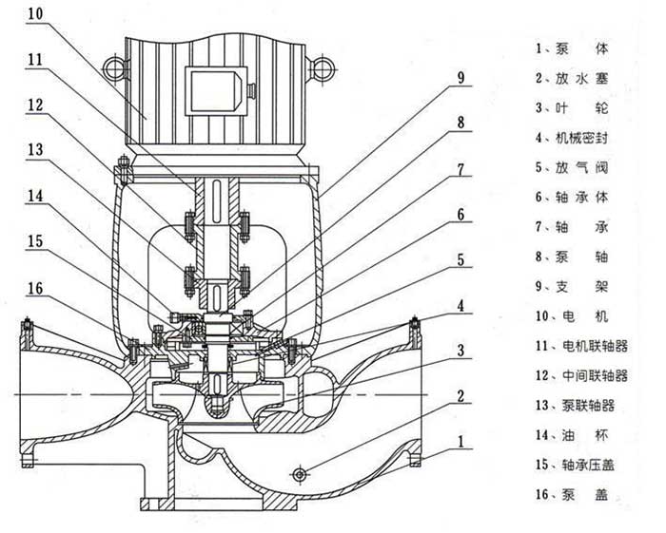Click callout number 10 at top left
[x=34, y=14]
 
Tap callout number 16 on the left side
[x=34, y=288]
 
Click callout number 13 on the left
[x=34, y=148]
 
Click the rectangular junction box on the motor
[x=217, y=90]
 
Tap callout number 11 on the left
[x=34, y=59]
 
